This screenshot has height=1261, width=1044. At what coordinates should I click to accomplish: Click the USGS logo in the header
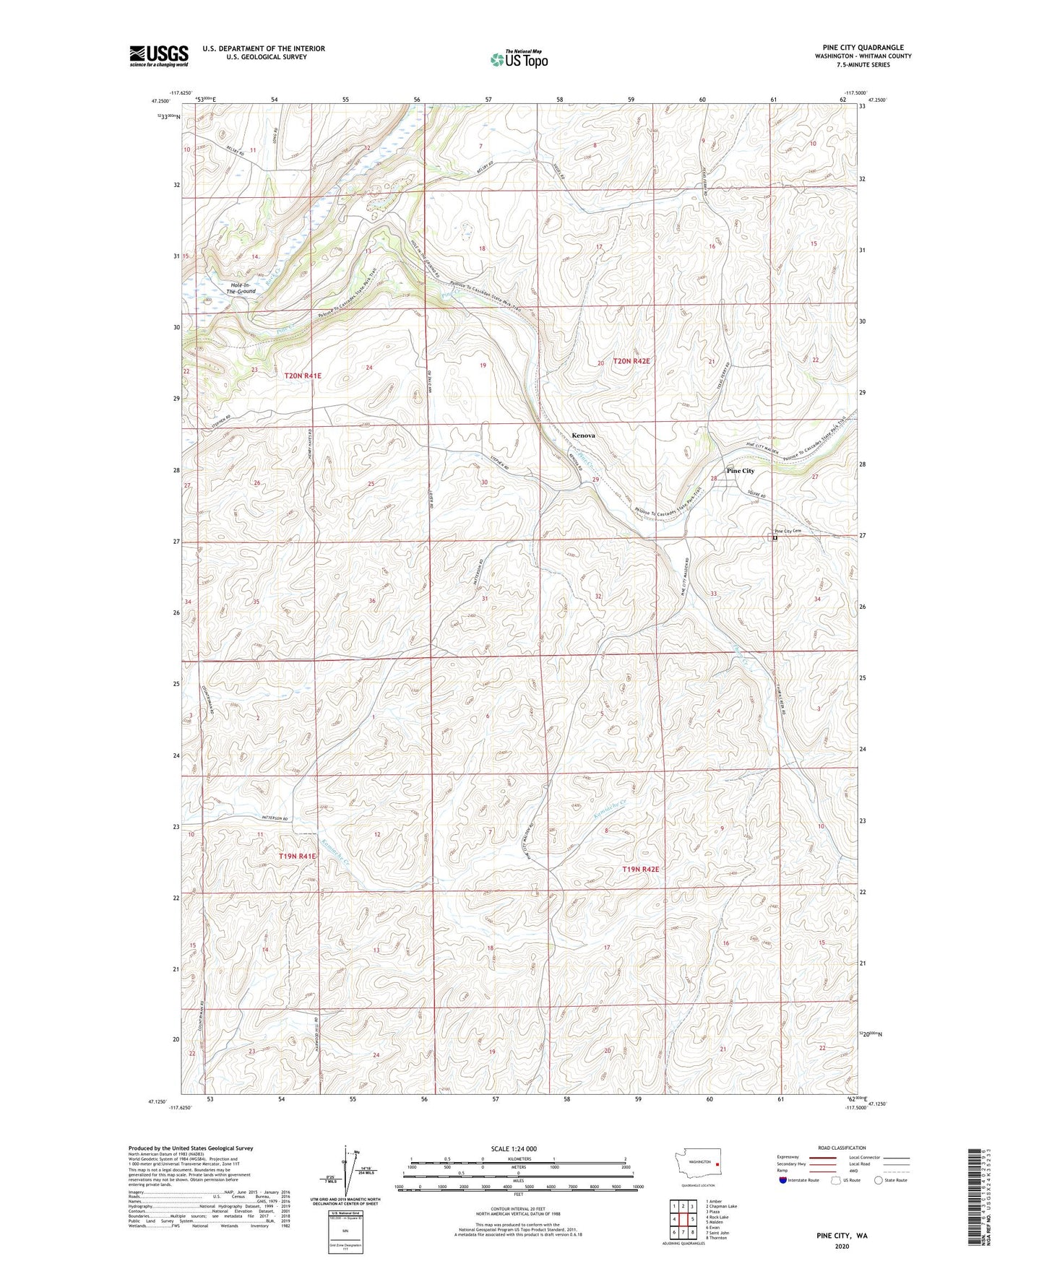pos(159,56)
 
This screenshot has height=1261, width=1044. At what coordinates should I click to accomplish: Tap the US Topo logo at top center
pos(519,59)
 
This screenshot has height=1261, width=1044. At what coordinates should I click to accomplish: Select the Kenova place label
pos(583,436)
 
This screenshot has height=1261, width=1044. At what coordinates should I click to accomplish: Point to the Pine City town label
pos(740,471)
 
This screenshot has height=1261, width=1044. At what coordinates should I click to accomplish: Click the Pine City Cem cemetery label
pos(788,531)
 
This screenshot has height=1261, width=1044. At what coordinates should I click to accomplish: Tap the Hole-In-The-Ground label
pos(241,288)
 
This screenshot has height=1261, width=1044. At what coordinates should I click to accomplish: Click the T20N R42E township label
pos(631,361)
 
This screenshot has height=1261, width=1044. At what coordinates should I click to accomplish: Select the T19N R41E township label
pos(297,856)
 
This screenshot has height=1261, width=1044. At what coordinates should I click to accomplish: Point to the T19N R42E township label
pos(640,870)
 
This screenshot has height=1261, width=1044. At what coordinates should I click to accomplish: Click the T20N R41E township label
pos(302,376)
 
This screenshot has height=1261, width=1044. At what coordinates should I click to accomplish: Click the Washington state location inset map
pos(697,1167)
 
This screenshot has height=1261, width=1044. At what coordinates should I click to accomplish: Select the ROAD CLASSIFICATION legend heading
pos(842,1148)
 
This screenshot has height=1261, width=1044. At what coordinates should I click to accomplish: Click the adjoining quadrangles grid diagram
pos(683,1219)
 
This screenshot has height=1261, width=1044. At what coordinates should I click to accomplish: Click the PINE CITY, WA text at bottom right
pos(842,1236)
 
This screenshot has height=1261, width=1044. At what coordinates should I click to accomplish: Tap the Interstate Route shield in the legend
pos(784,1180)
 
